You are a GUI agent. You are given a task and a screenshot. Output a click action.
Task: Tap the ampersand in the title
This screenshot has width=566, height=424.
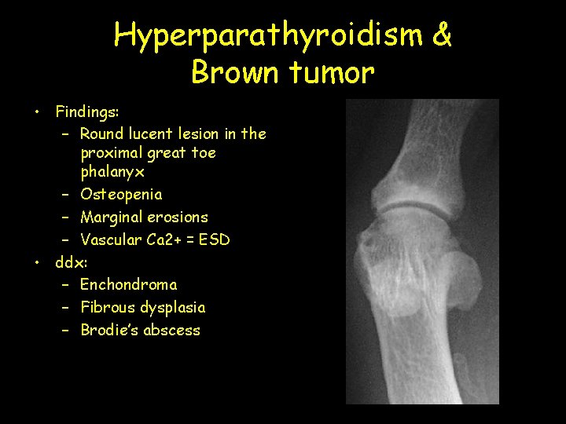442,35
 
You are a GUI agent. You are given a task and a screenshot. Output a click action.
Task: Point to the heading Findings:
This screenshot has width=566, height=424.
86,111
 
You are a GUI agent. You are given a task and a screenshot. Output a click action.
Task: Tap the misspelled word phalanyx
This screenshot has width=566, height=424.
112,171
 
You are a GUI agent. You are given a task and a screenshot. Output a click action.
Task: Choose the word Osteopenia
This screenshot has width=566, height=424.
121,194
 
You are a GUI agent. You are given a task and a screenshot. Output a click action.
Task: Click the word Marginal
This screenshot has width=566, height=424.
112,217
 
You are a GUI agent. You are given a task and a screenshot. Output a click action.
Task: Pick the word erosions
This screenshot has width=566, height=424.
178,217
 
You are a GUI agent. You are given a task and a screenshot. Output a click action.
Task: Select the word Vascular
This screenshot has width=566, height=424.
111,239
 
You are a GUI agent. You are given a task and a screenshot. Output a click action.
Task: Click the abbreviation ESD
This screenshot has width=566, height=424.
214,239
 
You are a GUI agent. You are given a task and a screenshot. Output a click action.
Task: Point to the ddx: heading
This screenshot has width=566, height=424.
72,262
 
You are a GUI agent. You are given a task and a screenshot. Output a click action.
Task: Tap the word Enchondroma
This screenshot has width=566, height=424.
129,284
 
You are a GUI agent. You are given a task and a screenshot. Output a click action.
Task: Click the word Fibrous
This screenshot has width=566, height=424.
108,307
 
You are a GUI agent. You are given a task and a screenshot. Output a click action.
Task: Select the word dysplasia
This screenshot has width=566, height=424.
174,307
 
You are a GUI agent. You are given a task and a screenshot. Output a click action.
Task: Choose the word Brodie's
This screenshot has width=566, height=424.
109,330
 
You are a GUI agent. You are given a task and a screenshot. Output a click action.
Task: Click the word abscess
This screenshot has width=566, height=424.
171,330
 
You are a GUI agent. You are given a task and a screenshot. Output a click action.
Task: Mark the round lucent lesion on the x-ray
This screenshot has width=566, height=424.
368,253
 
